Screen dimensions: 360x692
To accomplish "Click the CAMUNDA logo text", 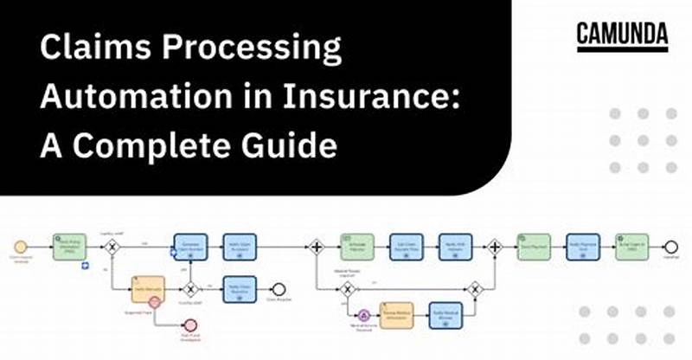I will click(x=622, y=34).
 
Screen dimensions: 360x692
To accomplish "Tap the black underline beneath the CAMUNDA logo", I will click(x=622, y=50).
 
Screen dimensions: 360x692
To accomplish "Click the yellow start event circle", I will click(x=22, y=247).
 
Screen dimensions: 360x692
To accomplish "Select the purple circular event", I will click(x=364, y=316).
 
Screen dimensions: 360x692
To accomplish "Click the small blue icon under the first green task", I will click(x=86, y=265).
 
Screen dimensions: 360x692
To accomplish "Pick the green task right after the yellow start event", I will click(x=67, y=247).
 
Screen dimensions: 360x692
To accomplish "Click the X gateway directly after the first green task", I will click(x=112, y=247).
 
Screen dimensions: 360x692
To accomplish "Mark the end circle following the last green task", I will click(x=671, y=247).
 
